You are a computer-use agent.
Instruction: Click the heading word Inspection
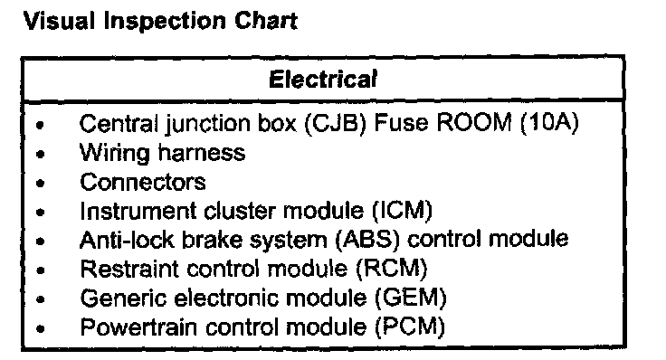165,22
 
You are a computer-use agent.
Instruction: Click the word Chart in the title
266,21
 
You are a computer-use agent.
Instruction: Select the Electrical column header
323,80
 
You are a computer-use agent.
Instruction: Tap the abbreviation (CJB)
336,124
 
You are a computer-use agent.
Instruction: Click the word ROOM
473,123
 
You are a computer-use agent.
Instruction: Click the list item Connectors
143,182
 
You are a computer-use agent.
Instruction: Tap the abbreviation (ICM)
402,211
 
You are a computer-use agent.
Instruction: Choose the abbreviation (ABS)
367,240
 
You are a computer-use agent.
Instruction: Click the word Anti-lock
127,240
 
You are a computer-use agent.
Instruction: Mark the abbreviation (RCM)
392,269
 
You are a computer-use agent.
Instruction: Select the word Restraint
129,269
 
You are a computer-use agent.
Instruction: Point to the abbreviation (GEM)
411,298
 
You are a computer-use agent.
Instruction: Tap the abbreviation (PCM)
410,327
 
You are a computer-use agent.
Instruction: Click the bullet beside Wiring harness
41,154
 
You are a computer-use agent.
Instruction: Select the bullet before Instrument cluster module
41,213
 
